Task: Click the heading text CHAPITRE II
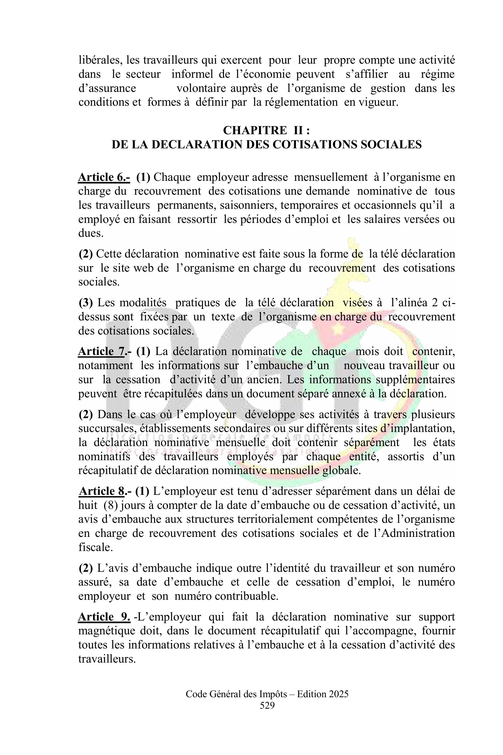(x=266, y=130)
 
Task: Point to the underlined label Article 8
(x=102, y=491)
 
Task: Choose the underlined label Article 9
(x=104, y=617)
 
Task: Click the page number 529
(x=267, y=705)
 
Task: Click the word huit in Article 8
(x=88, y=505)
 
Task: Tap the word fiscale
(x=95, y=547)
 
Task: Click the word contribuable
(x=246, y=596)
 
